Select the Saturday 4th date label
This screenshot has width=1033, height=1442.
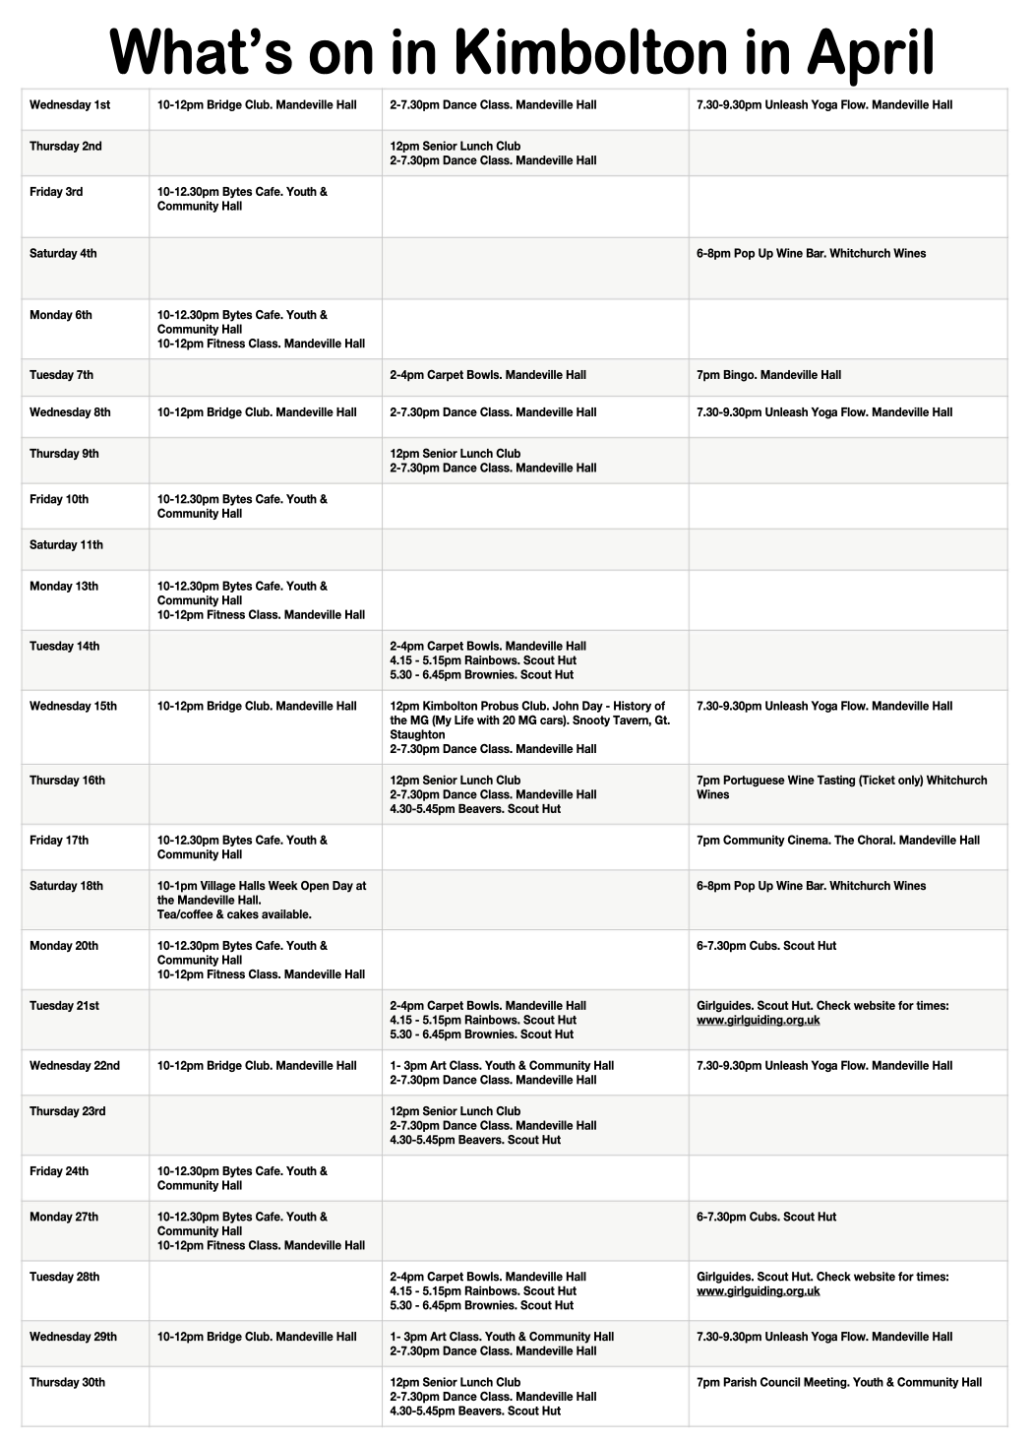point(63,254)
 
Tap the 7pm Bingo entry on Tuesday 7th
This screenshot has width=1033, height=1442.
point(768,375)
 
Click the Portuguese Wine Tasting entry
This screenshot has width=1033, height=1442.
point(841,787)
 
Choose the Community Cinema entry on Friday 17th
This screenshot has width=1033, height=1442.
point(837,841)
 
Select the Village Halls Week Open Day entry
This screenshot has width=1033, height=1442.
point(262,900)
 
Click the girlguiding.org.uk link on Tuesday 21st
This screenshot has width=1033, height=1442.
point(758,1021)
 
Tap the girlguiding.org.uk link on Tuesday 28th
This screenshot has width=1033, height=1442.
point(758,1291)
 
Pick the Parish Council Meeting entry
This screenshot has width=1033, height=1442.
point(838,1383)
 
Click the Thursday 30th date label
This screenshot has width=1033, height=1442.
point(67,1383)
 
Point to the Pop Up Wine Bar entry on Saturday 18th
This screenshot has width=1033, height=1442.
point(811,886)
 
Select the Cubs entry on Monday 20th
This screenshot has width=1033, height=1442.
point(765,946)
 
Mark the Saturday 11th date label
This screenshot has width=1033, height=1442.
point(66,545)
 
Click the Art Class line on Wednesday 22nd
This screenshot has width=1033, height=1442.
point(502,1066)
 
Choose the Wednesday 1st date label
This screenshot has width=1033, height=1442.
point(70,105)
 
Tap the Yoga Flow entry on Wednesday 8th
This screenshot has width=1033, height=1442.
point(823,412)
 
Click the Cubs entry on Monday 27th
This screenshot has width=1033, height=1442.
point(765,1218)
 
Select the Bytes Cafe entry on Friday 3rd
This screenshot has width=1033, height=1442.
point(242,199)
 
